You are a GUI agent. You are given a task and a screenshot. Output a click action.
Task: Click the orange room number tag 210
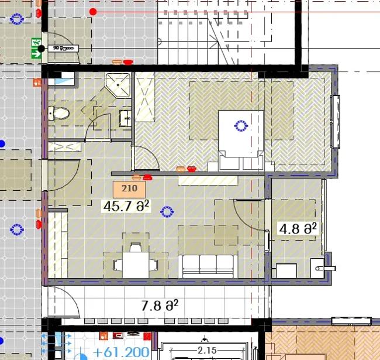coord(129,189)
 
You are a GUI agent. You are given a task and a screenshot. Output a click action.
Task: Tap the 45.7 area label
coord(126,206)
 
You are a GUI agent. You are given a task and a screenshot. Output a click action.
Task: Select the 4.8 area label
coord(298,228)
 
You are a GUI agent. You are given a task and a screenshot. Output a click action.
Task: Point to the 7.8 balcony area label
coord(160,305)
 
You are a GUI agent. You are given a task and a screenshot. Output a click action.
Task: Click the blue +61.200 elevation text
coord(120,352)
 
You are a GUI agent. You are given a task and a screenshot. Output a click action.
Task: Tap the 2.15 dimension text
coord(207,350)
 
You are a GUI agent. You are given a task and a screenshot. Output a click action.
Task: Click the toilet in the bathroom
coord(58,113)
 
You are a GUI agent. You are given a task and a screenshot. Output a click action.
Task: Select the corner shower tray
coord(118,85)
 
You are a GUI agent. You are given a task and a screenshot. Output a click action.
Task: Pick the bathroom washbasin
coord(126,118)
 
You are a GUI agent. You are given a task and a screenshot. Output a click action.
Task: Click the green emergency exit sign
coord(36,48)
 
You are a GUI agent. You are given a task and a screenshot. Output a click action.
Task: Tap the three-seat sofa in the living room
coord(208,266)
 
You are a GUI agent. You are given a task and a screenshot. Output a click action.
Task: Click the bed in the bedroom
coord(241,140)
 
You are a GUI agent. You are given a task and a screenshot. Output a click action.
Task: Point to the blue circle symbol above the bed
coord(241,126)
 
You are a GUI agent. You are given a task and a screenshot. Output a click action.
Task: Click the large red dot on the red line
coord(93,12)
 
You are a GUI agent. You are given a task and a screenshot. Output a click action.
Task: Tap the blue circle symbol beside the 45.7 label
coord(167,212)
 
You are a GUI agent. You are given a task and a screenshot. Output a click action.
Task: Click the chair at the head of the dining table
coord(136,247)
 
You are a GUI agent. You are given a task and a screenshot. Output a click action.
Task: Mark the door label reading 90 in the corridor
coord(63,48)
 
